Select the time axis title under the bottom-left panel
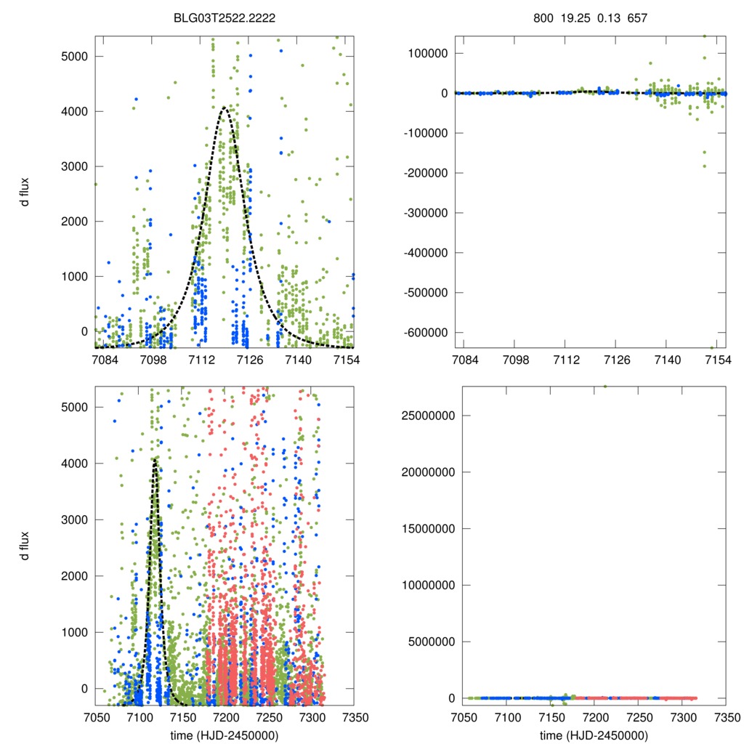[x=224, y=735]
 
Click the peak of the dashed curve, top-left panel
[x=225, y=108]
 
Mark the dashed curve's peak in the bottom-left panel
[x=155, y=460]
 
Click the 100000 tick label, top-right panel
[x=426, y=53]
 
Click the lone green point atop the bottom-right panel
[x=606, y=387]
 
